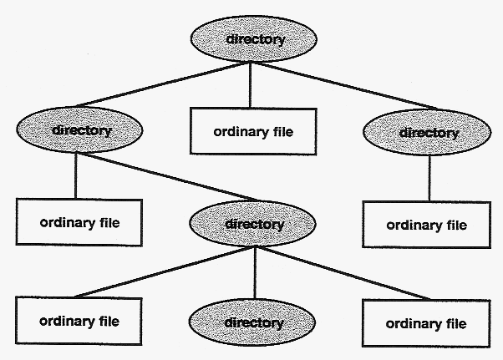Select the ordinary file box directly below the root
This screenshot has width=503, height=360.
pyautogui.click(x=253, y=131)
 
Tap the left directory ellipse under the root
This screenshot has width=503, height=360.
pyautogui.click(x=80, y=130)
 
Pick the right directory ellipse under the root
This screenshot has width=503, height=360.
pyautogui.click(x=428, y=133)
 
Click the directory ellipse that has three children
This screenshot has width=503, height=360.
pyautogui.click(x=254, y=224)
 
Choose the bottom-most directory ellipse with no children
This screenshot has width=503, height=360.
pyautogui.click(x=254, y=322)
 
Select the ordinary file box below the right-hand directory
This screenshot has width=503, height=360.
pyautogui.click(x=425, y=225)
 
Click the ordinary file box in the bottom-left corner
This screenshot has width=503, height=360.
pyautogui.click(x=79, y=321)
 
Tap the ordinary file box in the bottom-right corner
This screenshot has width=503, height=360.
pyautogui.click(x=425, y=323)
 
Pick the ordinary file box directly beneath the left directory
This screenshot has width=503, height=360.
pyautogui.click(x=79, y=222)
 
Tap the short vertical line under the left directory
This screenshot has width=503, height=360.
pyautogui.click(x=76, y=175)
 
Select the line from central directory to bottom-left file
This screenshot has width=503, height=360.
pyautogui.click(x=159, y=272)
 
